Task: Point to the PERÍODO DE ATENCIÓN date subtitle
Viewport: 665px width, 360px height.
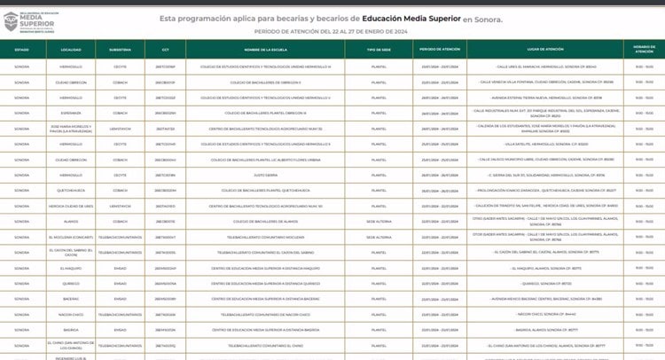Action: pyautogui.click(x=333, y=32)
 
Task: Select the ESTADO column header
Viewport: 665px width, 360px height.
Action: pyautogui.click(x=22, y=50)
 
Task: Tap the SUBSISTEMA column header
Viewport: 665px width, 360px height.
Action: pyautogui.click(x=121, y=50)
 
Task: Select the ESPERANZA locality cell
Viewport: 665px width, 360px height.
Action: pyautogui.click(x=71, y=113)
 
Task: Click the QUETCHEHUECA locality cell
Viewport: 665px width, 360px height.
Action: pyautogui.click(x=71, y=190)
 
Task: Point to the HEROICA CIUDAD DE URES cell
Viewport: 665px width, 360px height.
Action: pyautogui.click(x=71, y=206)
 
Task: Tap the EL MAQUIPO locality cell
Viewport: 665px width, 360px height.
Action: pyautogui.click(x=71, y=267)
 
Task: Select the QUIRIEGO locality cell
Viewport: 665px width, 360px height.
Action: pyautogui.click(x=71, y=283)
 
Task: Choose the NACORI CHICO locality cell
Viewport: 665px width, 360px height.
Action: pyautogui.click(x=71, y=313)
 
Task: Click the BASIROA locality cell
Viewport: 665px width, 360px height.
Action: pyautogui.click(x=71, y=328)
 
